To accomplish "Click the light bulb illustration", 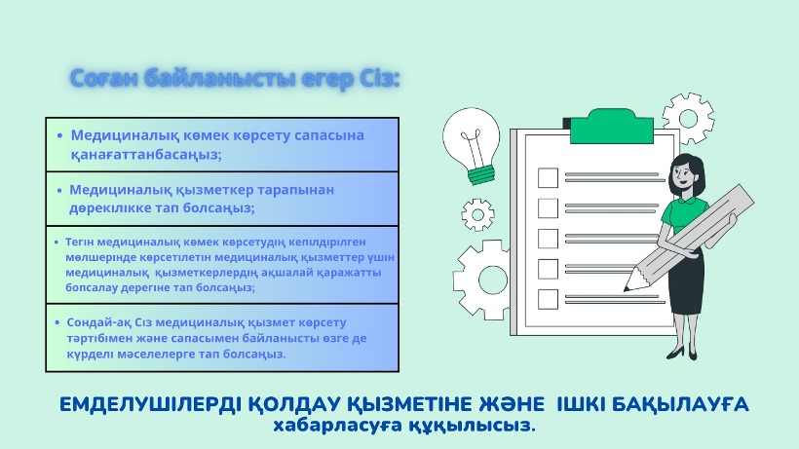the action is [x=472, y=145].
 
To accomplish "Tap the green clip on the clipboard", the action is [x=611, y=127].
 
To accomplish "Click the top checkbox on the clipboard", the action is [x=548, y=177].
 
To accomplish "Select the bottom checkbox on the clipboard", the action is [x=548, y=299].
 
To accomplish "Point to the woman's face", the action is [x=682, y=172].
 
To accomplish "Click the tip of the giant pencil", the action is [x=625, y=290].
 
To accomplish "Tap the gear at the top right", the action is [x=688, y=119].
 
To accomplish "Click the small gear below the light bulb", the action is [x=478, y=214].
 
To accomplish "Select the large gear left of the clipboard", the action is [x=482, y=280].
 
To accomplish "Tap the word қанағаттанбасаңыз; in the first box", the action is [x=146, y=155].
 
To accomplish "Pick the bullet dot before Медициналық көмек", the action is [x=60, y=136].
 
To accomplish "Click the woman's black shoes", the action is [x=682, y=353].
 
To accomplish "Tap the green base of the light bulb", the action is [x=481, y=173].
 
